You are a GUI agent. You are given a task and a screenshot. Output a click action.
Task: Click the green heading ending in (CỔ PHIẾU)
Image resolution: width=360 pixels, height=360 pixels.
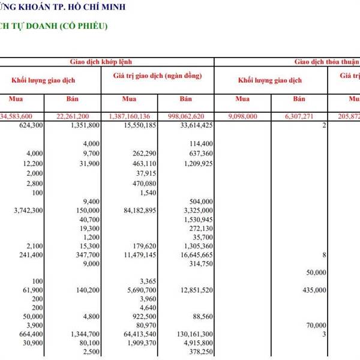(57, 27)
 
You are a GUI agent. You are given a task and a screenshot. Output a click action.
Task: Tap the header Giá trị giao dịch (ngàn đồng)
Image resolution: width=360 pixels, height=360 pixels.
(157, 76)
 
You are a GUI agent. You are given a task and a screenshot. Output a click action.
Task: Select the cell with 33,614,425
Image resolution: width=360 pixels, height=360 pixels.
(193, 125)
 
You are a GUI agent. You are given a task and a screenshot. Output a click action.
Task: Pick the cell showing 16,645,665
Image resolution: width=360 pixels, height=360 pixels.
(193, 255)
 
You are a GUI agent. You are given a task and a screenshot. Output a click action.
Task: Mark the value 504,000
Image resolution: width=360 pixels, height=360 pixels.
(200, 202)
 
